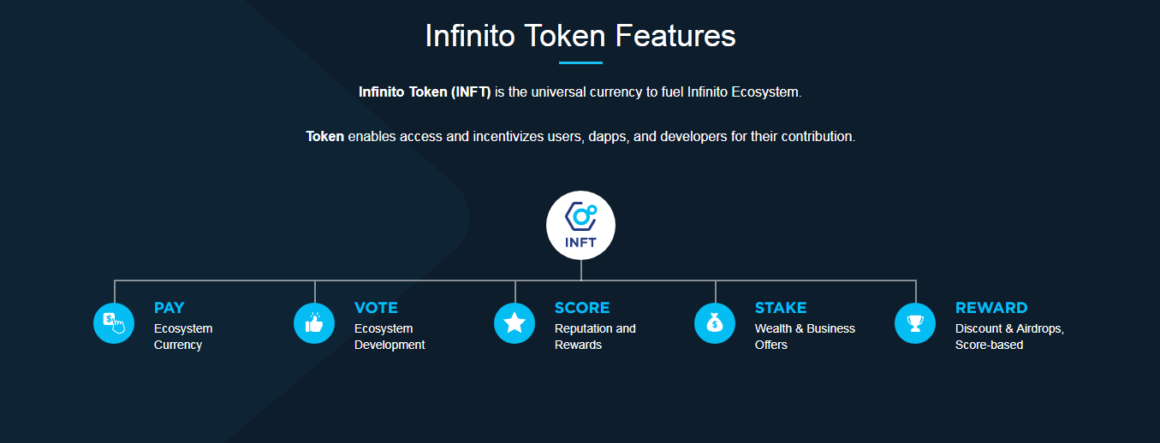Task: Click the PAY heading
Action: (x=169, y=307)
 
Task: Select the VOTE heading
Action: (x=376, y=307)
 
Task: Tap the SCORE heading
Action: (x=582, y=307)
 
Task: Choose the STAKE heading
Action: (x=781, y=307)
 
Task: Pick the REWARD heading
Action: (x=991, y=307)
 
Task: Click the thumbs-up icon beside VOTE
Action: (x=314, y=323)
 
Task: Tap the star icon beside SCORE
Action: (x=515, y=323)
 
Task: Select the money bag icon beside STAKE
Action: (x=715, y=323)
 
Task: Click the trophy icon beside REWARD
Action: (x=915, y=323)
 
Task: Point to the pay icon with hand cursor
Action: (x=114, y=323)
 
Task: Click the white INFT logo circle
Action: (x=580, y=225)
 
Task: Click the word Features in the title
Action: (x=675, y=36)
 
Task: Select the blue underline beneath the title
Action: (x=580, y=62)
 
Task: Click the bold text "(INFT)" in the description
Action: (x=471, y=92)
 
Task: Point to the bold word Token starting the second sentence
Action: (x=324, y=136)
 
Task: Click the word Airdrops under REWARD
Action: (x=1040, y=328)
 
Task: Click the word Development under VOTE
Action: (x=390, y=346)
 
